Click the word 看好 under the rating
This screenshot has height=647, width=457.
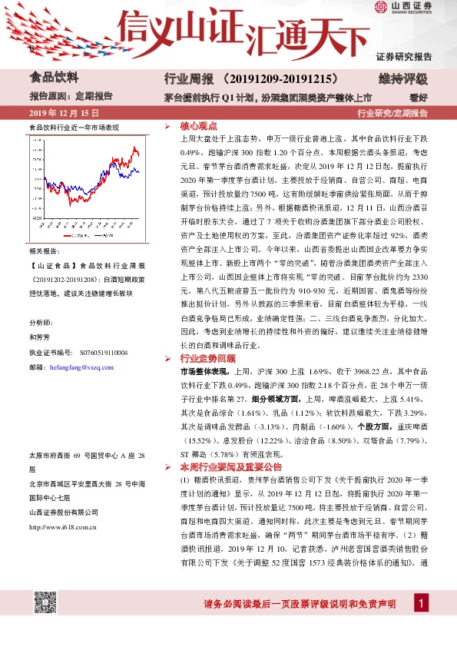[x=418, y=98]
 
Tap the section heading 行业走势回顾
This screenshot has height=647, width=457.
[x=208, y=358]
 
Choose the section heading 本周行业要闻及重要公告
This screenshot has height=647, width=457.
[x=230, y=466]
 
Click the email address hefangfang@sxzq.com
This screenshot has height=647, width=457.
[x=81, y=368]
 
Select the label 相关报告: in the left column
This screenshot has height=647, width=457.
[x=44, y=252]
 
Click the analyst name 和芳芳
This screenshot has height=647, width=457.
[x=39, y=336]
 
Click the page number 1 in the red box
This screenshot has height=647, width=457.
[x=421, y=604]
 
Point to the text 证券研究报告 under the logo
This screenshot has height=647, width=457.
[x=403, y=56]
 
